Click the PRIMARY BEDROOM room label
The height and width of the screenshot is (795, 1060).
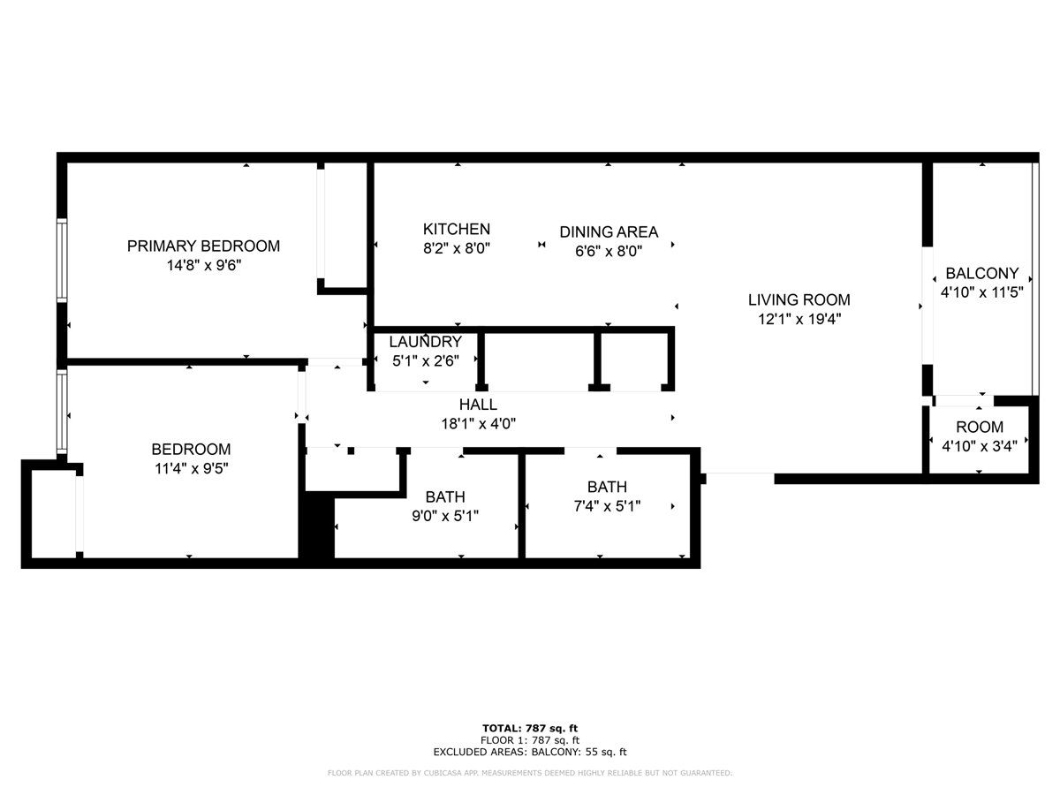click(x=203, y=246)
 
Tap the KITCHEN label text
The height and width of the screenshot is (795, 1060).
click(x=456, y=229)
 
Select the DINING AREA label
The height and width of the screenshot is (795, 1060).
click(x=608, y=231)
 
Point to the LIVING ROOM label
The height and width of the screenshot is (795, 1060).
click(x=799, y=299)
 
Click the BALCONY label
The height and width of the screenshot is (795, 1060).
click(x=981, y=273)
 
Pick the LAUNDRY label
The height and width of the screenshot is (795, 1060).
click(x=425, y=342)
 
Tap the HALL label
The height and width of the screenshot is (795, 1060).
click(x=478, y=405)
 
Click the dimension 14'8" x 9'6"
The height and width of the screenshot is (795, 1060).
click(x=203, y=265)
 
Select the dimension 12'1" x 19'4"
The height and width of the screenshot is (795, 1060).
click(x=799, y=319)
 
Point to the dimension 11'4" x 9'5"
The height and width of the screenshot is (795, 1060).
click(x=191, y=468)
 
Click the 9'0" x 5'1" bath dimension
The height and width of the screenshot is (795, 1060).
click(x=445, y=516)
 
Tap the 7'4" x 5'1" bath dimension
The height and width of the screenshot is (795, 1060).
click(x=607, y=506)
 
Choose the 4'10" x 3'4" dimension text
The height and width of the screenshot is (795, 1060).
click(x=980, y=446)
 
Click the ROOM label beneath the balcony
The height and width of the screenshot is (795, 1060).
click(x=980, y=427)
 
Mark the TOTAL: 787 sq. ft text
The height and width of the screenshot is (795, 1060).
click(x=530, y=729)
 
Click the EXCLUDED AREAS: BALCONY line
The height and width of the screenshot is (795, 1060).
click(x=530, y=752)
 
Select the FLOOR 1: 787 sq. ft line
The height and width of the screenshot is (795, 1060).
click(x=530, y=740)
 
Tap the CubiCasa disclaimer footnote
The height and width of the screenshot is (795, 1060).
click(x=530, y=773)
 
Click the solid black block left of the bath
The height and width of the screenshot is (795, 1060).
click(x=316, y=529)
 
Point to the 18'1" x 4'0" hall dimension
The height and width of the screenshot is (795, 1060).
click(x=478, y=424)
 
